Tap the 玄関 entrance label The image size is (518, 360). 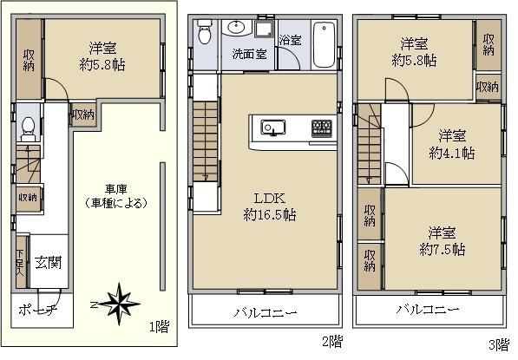(49, 263)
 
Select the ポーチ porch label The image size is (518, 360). (37, 311)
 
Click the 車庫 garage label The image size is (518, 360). (116, 189)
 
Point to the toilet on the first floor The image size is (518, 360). (28, 129)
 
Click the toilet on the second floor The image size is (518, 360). (204, 32)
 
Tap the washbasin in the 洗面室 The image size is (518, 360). (237, 28)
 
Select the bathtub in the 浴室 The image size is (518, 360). (324, 44)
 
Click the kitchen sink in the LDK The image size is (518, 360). (273, 128)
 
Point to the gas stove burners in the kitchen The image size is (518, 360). (322, 128)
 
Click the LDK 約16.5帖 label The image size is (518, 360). (270, 206)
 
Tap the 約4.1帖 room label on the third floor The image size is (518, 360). (452, 154)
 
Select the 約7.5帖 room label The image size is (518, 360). (443, 249)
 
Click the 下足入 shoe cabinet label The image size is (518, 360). (21, 263)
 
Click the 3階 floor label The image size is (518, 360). (499, 344)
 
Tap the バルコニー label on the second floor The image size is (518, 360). (266, 312)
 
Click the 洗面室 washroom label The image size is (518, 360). (249, 54)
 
